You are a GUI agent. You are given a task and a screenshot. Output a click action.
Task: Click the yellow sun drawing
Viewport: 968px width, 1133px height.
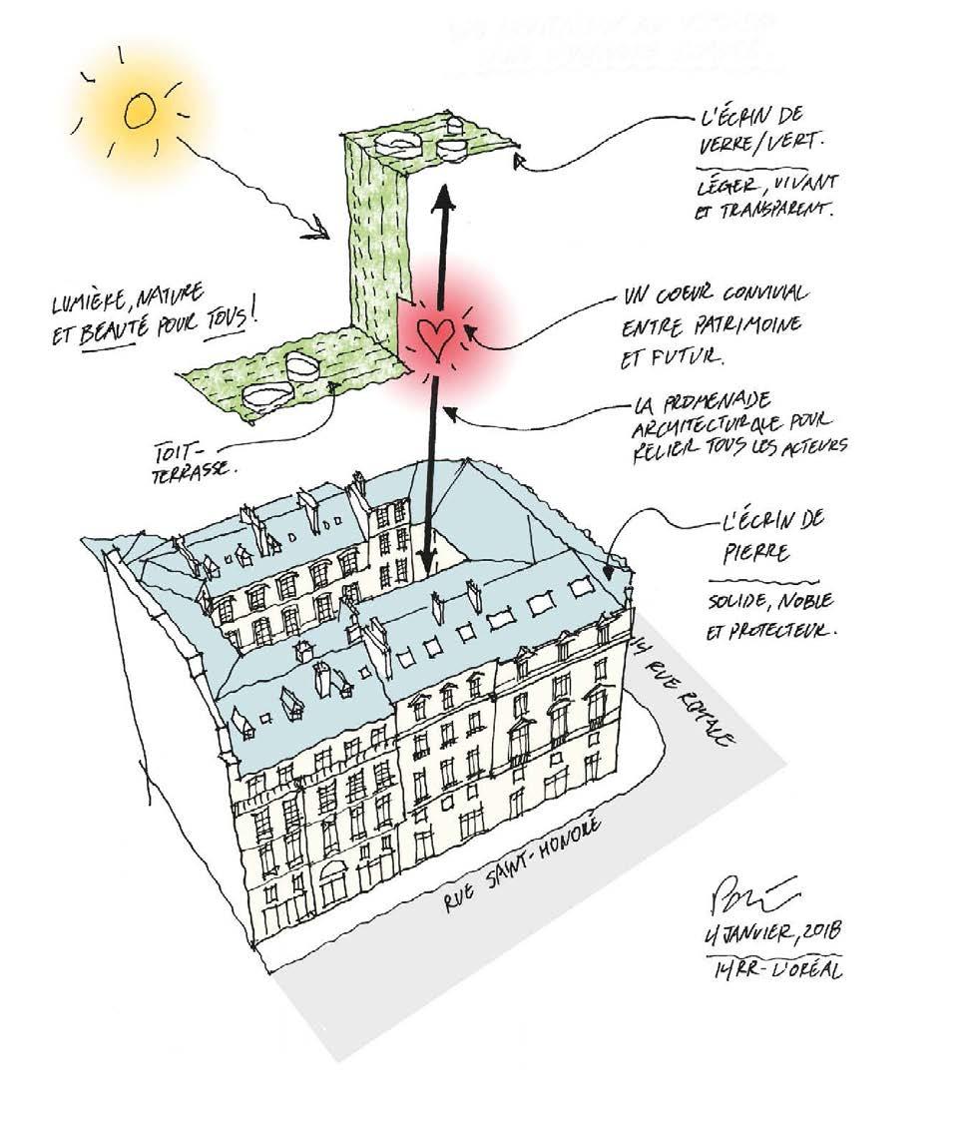click(x=139, y=112)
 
